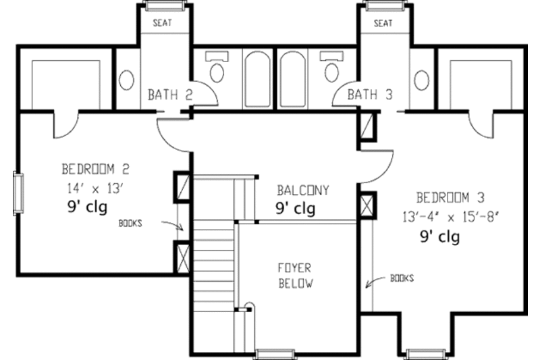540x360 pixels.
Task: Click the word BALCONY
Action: (x=303, y=190)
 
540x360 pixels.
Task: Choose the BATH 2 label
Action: (x=170, y=95)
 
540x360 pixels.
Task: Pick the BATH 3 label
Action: (x=370, y=95)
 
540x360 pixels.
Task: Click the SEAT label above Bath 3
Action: (x=383, y=23)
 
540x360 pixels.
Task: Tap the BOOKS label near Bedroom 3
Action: (x=402, y=278)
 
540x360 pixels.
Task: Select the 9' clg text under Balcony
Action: (x=295, y=209)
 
